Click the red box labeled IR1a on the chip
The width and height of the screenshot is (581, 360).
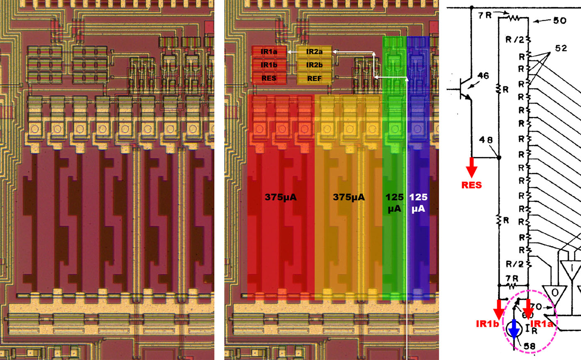[269, 52]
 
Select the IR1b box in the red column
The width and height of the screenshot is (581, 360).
[269, 65]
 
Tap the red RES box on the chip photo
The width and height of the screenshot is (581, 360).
[269, 78]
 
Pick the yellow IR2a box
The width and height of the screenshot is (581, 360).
[314, 52]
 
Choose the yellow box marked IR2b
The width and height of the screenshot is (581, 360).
[314, 65]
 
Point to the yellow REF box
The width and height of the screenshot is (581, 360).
[314, 78]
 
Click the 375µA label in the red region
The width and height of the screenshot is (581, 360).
[281, 198]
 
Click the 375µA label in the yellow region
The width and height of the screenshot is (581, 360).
[349, 198]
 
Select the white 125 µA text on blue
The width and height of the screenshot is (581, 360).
[418, 203]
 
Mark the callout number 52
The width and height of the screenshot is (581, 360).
[561, 48]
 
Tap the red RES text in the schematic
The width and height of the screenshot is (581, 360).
[472, 184]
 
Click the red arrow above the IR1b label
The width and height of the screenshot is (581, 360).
[498, 309]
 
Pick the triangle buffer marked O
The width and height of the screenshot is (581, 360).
[552, 292]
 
